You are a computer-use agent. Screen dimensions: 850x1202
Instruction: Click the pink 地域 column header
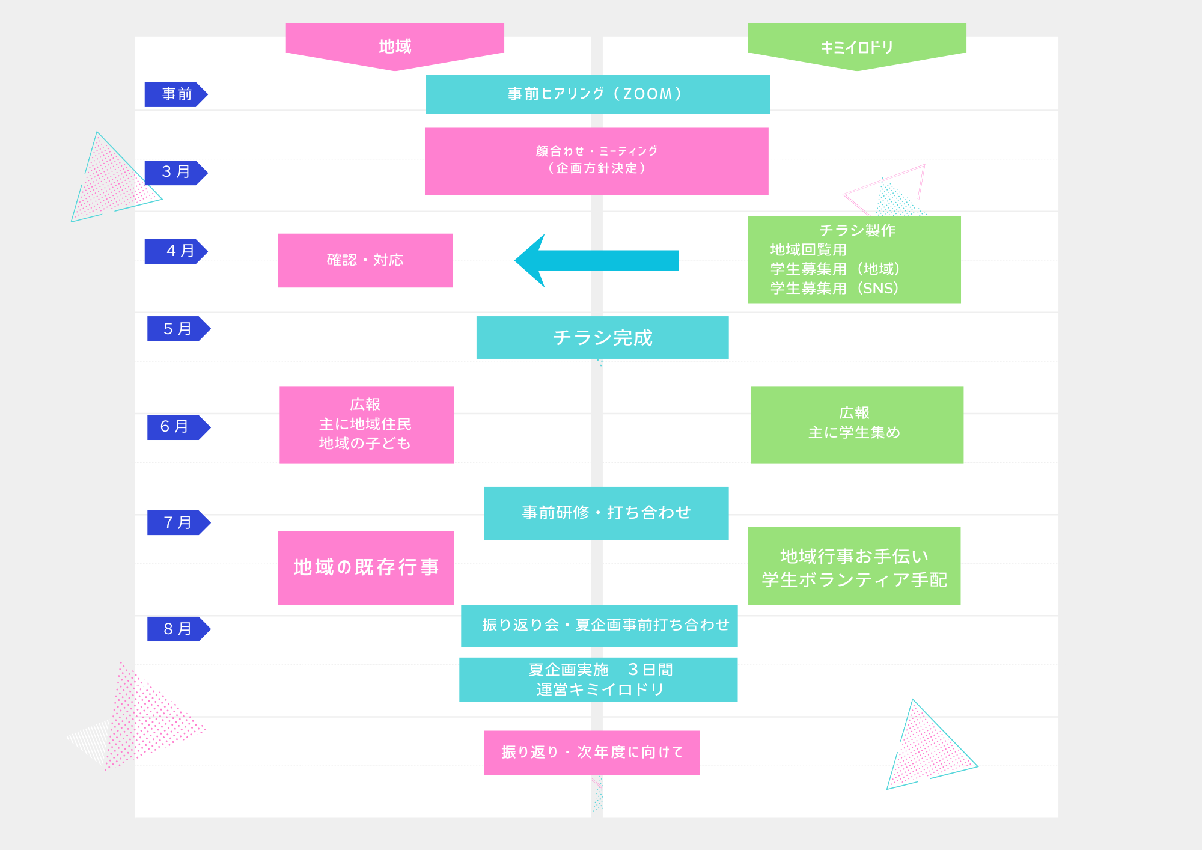click(395, 45)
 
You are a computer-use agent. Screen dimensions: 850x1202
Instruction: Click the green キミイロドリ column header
click(857, 46)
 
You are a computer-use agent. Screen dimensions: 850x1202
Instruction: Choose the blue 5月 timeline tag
click(178, 329)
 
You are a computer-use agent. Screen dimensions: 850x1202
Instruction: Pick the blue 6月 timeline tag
click(178, 427)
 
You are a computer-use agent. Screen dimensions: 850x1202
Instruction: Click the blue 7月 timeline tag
click(178, 522)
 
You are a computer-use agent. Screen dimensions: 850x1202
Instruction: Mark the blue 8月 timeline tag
click(178, 629)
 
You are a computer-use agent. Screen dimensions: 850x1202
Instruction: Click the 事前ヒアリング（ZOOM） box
click(597, 94)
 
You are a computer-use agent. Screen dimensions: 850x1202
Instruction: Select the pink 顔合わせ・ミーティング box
click(596, 161)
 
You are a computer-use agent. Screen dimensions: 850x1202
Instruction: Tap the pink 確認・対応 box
click(365, 260)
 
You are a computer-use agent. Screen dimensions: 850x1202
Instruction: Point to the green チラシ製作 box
click(854, 260)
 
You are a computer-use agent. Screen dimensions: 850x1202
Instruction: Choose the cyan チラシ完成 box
click(602, 338)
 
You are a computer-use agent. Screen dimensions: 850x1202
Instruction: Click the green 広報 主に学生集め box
click(856, 424)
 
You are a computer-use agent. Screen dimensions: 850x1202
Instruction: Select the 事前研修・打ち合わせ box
click(606, 513)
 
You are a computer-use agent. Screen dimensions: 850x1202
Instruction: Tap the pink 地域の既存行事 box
click(365, 567)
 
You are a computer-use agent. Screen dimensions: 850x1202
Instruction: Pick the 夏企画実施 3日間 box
click(598, 679)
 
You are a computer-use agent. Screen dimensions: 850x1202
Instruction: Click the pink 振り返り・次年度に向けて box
click(592, 753)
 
